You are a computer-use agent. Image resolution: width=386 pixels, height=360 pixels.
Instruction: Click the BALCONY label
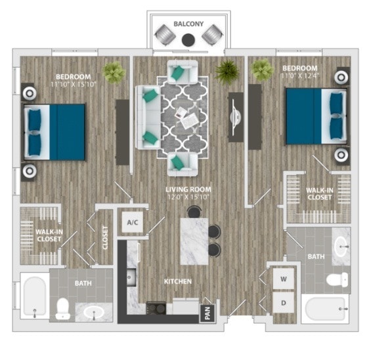(x=188, y=24)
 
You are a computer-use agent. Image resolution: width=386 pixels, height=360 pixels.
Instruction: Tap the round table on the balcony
(x=188, y=40)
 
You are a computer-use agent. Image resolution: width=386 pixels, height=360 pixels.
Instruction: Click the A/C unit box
(x=133, y=223)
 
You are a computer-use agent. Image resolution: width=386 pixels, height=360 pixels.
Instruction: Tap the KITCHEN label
(x=178, y=281)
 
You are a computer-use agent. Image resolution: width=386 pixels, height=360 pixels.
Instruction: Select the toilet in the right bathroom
(x=335, y=281)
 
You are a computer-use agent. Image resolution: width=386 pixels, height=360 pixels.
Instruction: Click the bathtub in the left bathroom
(x=33, y=296)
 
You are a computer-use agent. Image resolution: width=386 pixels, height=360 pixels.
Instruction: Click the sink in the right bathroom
(x=342, y=248)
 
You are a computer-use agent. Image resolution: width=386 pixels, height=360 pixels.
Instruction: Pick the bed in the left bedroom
(x=55, y=132)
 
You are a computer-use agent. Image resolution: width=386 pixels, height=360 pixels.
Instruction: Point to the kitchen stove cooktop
(x=156, y=305)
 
